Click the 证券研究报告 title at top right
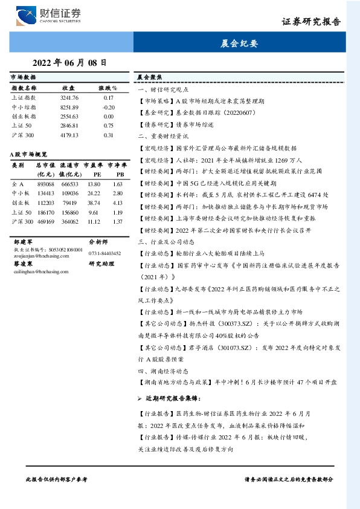311,22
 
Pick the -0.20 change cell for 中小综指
109,106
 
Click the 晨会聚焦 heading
149,78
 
